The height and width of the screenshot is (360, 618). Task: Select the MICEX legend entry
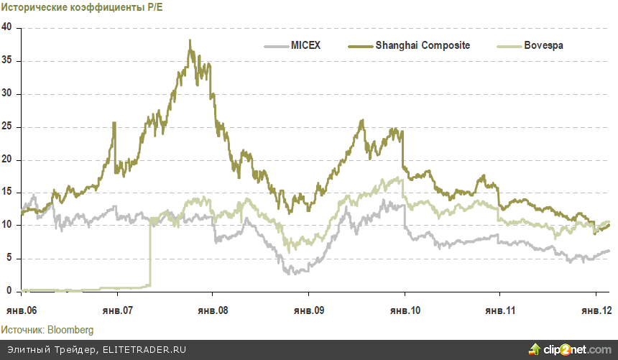tap(305, 45)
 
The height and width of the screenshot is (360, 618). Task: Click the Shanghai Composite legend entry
tap(423, 45)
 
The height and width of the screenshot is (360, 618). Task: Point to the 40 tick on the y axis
tap(8, 27)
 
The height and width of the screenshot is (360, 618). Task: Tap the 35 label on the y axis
tap(8, 60)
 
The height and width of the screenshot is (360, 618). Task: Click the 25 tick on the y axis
tap(8, 126)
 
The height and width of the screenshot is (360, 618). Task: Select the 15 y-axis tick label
tap(8, 193)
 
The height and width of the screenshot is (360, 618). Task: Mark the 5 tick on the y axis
tap(10, 258)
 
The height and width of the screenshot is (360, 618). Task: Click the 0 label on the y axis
tap(10, 291)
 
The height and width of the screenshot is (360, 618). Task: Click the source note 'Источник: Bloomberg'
tap(47, 329)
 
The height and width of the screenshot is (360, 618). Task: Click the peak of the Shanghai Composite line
tap(190, 41)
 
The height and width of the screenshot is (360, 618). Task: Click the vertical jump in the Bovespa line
tap(150, 251)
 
